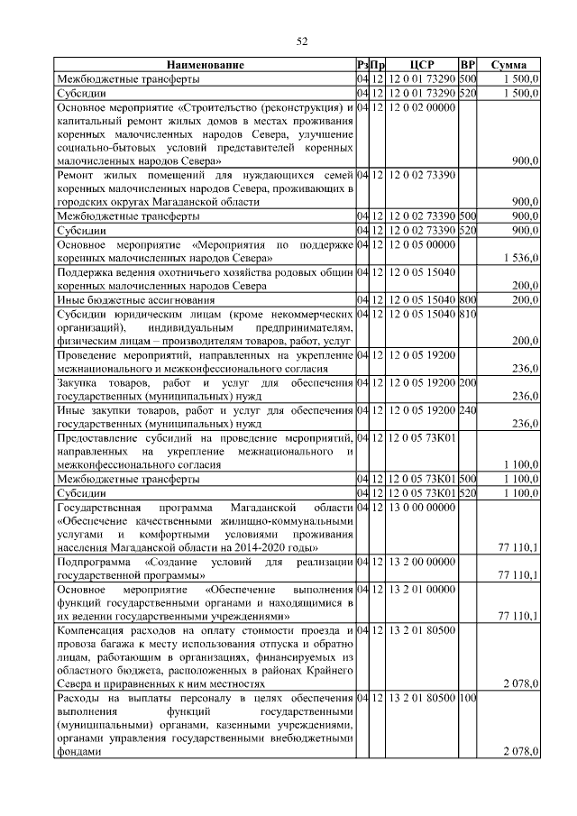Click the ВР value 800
467,299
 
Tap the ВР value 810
467,314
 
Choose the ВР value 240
467,410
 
